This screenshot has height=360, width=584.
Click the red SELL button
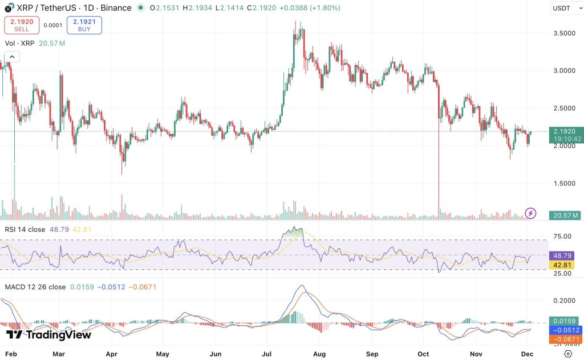coord(22,25)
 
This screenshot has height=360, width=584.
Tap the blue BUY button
coord(84,25)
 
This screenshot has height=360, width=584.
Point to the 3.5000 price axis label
coord(564,33)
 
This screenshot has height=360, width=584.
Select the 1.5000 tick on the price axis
coord(564,183)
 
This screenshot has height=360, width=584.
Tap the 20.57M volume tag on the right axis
coord(565,215)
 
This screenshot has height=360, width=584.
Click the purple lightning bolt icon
coord(530,213)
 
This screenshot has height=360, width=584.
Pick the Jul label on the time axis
coord(266,354)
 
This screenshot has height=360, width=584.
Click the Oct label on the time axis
coord(423,354)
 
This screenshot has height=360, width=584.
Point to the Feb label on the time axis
coord(11,354)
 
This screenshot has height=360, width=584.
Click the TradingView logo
coord(49,335)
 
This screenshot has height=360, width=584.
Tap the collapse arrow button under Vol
coord(12,56)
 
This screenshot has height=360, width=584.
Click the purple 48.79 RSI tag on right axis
coord(562,256)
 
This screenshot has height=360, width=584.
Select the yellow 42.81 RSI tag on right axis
coord(562,265)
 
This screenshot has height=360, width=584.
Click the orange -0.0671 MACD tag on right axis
coord(565,339)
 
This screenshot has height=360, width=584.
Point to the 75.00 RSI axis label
coord(562,236)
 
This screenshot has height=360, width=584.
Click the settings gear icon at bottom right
coord(568,354)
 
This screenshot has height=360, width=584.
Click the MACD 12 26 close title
coord(35,287)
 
